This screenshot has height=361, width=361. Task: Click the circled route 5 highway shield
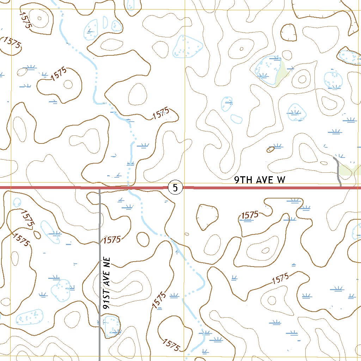pos(175,188)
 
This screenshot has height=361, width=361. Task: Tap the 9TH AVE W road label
pos(260,180)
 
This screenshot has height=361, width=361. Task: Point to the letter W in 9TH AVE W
pos(281,180)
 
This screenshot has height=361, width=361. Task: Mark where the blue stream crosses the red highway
pos(129,188)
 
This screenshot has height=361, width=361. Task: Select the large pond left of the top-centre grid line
pos(188,47)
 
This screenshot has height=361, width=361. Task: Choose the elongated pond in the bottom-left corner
pos(30,317)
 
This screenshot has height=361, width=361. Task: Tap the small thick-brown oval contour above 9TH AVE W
pos(270,149)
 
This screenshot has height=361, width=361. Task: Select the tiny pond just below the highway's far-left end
pos(17,202)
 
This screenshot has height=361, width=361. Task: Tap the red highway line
pos(247,188)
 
